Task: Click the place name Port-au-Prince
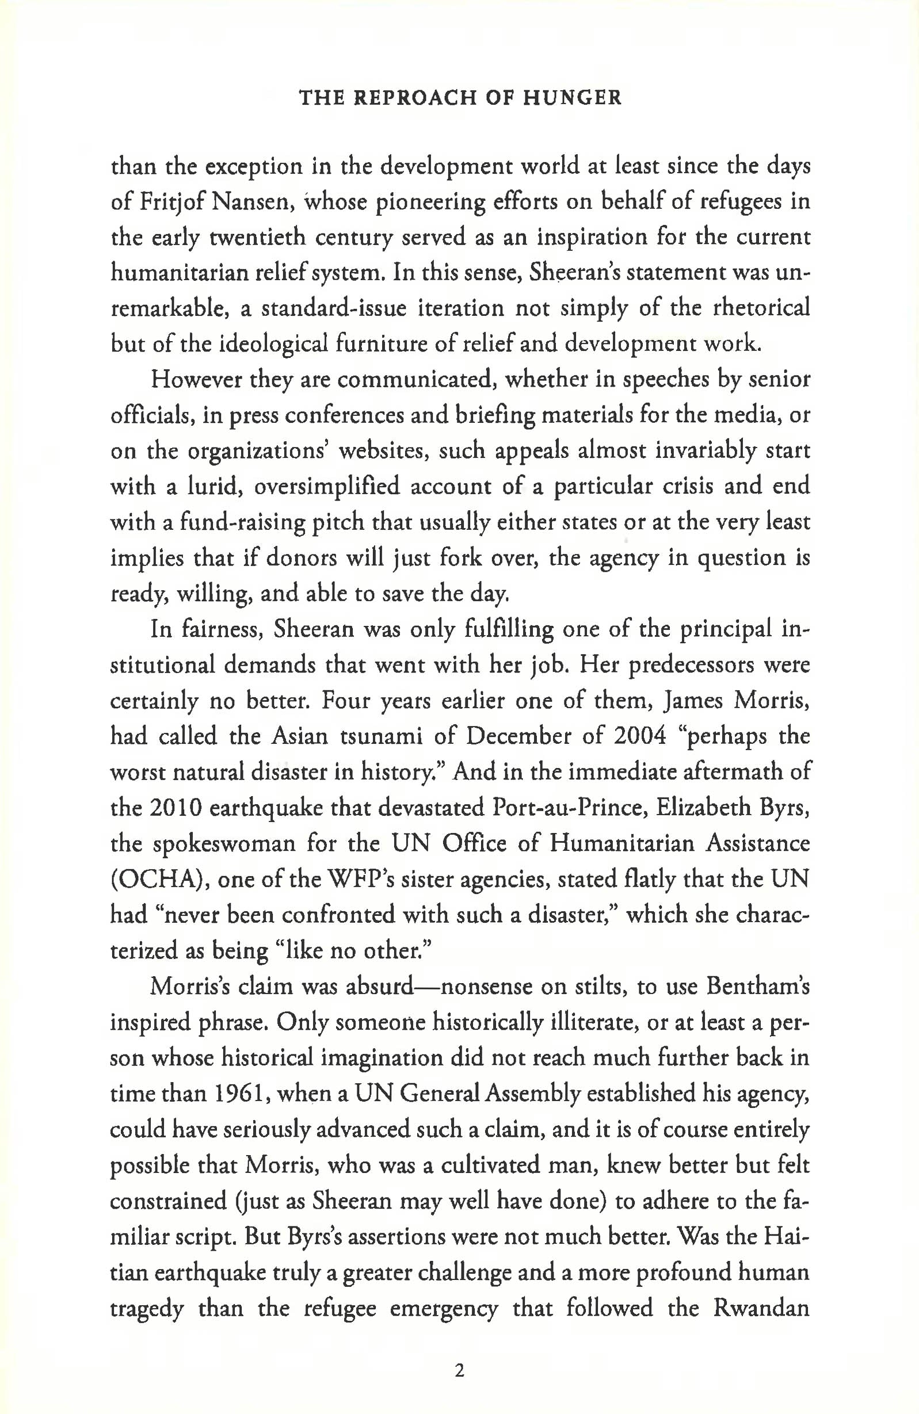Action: (559, 808)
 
